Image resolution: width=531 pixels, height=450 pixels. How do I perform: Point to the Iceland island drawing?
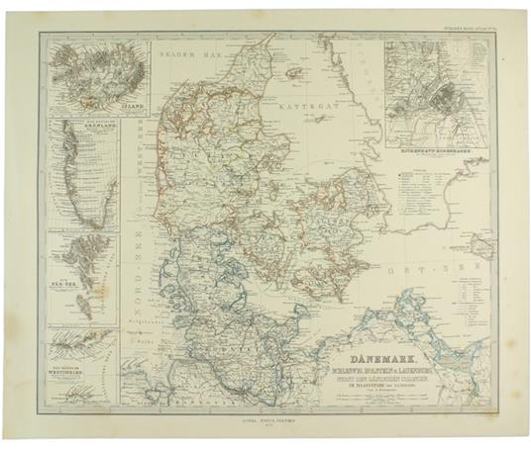coord(97,74)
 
